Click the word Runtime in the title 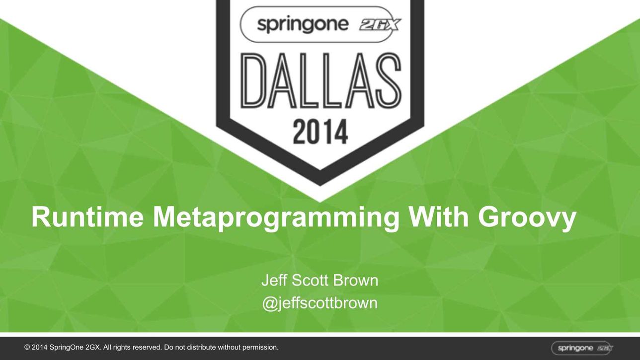point(87,217)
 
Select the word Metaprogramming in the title point(276,218)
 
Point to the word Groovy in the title point(527,218)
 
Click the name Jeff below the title point(274,280)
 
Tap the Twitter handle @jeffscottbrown point(320,303)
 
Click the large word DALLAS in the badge point(321,81)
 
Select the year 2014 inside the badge point(320,132)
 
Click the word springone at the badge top point(303,24)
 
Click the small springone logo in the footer point(582,348)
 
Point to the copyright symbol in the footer point(27,347)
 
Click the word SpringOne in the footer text point(67,348)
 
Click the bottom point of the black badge point(320,186)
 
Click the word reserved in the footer point(148,347)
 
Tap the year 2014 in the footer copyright point(39,347)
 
